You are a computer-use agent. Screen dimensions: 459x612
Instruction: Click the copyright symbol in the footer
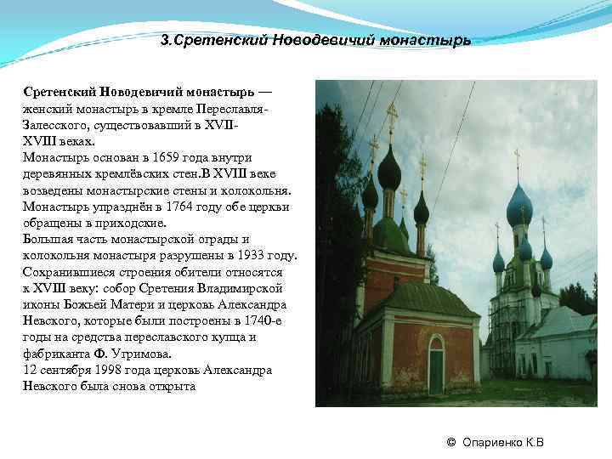coord(451,442)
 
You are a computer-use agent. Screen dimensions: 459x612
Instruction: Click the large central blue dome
coord(518,207)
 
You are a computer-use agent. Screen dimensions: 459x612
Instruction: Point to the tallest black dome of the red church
coord(389,172)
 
